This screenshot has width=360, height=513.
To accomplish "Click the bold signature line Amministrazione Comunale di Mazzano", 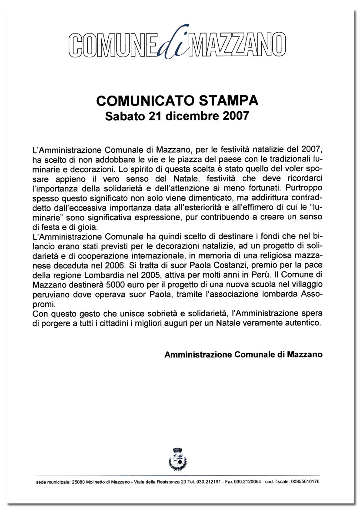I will (243, 354).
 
